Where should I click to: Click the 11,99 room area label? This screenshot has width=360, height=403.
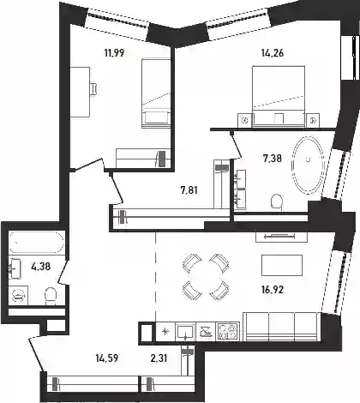[114, 53]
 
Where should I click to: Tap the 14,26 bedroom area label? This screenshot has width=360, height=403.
[273, 53]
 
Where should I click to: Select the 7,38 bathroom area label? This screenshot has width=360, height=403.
[273, 158]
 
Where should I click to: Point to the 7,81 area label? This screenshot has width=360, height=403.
[189, 189]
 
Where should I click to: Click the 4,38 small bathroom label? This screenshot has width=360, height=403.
[41, 267]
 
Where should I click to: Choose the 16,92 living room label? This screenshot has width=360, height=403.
[273, 290]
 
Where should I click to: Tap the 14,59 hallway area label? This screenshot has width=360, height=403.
[107, 358]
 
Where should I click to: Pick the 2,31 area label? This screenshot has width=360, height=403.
[159, 358]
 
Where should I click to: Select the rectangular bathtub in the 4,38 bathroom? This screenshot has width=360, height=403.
[37, 242]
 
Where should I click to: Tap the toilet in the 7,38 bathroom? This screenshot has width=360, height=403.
[277, 202]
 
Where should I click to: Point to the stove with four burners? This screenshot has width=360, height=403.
[228, 332]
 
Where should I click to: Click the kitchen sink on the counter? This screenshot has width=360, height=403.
[185, 332]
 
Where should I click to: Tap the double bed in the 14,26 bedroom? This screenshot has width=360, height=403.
[279, 97]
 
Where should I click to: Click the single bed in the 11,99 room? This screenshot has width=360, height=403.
[156, 93]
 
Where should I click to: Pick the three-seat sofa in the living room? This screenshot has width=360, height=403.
[281, 327]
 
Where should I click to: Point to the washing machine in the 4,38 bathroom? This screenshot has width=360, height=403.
[18, 296]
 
